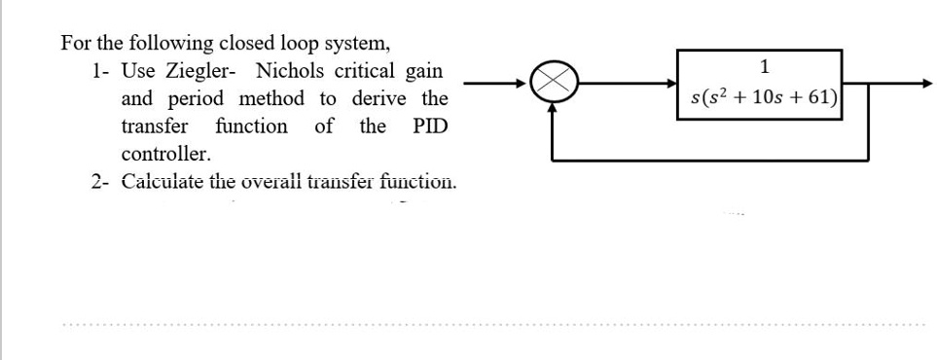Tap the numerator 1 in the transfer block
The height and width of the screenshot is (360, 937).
tap(765, 67)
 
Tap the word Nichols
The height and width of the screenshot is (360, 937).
tap(290, 71)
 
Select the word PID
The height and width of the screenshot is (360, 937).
tap(429, 126)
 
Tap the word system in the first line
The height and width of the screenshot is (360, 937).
tap(359, 44)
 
